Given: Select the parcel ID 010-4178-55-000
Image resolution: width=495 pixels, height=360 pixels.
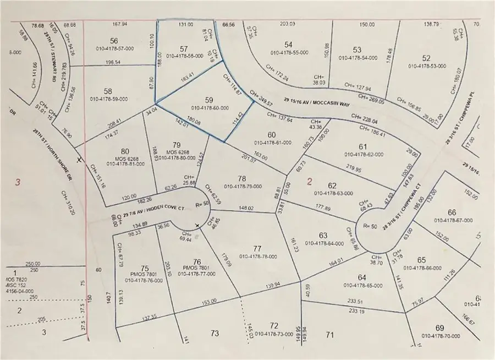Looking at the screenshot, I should (x=288, y=52).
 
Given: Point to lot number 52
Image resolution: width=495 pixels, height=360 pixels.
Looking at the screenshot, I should (x=426, y=58).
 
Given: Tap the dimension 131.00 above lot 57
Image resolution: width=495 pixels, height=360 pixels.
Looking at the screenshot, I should (x=185, y=25).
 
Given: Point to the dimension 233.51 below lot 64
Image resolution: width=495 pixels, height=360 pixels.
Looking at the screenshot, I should (x=356, y=301).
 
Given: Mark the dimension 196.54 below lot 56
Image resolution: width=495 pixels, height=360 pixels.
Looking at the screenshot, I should (x=117, y=78).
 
